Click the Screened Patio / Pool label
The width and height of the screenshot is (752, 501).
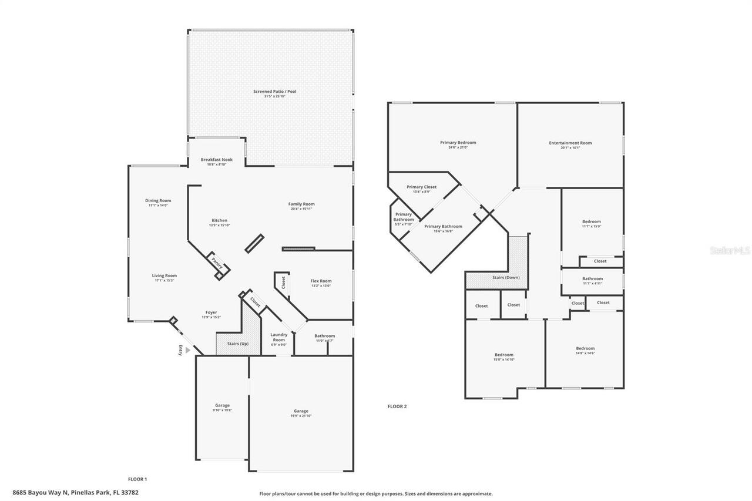(x=270, y=92)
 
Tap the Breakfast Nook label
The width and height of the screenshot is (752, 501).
(x=216, y=160)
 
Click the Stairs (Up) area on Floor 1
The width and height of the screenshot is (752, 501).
(x=238, y=344)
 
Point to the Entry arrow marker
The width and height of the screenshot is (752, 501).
(x=187, y=349)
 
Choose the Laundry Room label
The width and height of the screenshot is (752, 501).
(x=278, y=337)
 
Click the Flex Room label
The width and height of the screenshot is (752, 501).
(x=321, y=281)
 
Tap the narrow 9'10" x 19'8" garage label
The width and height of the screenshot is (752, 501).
(x=222, y=406)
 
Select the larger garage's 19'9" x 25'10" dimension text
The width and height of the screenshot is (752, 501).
(x=301, y=416)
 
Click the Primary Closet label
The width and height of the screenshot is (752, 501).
(x=421, y=187)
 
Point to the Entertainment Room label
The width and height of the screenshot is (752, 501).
(x=570, y=143)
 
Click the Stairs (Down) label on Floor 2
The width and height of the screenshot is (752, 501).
(x=505, y=277)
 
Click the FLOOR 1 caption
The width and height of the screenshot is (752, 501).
(x=137, y=479)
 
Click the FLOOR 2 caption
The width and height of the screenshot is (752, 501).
(x=397, y=406)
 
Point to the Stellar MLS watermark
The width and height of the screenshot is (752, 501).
(x=730, y=250)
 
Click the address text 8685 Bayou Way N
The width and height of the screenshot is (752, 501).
(x=44, y=493)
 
